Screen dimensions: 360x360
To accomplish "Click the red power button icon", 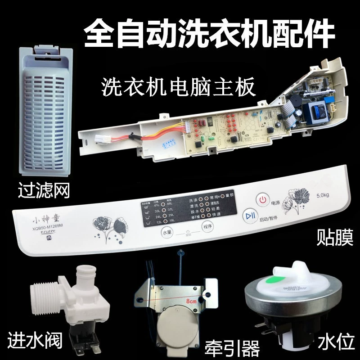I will (263, 199).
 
